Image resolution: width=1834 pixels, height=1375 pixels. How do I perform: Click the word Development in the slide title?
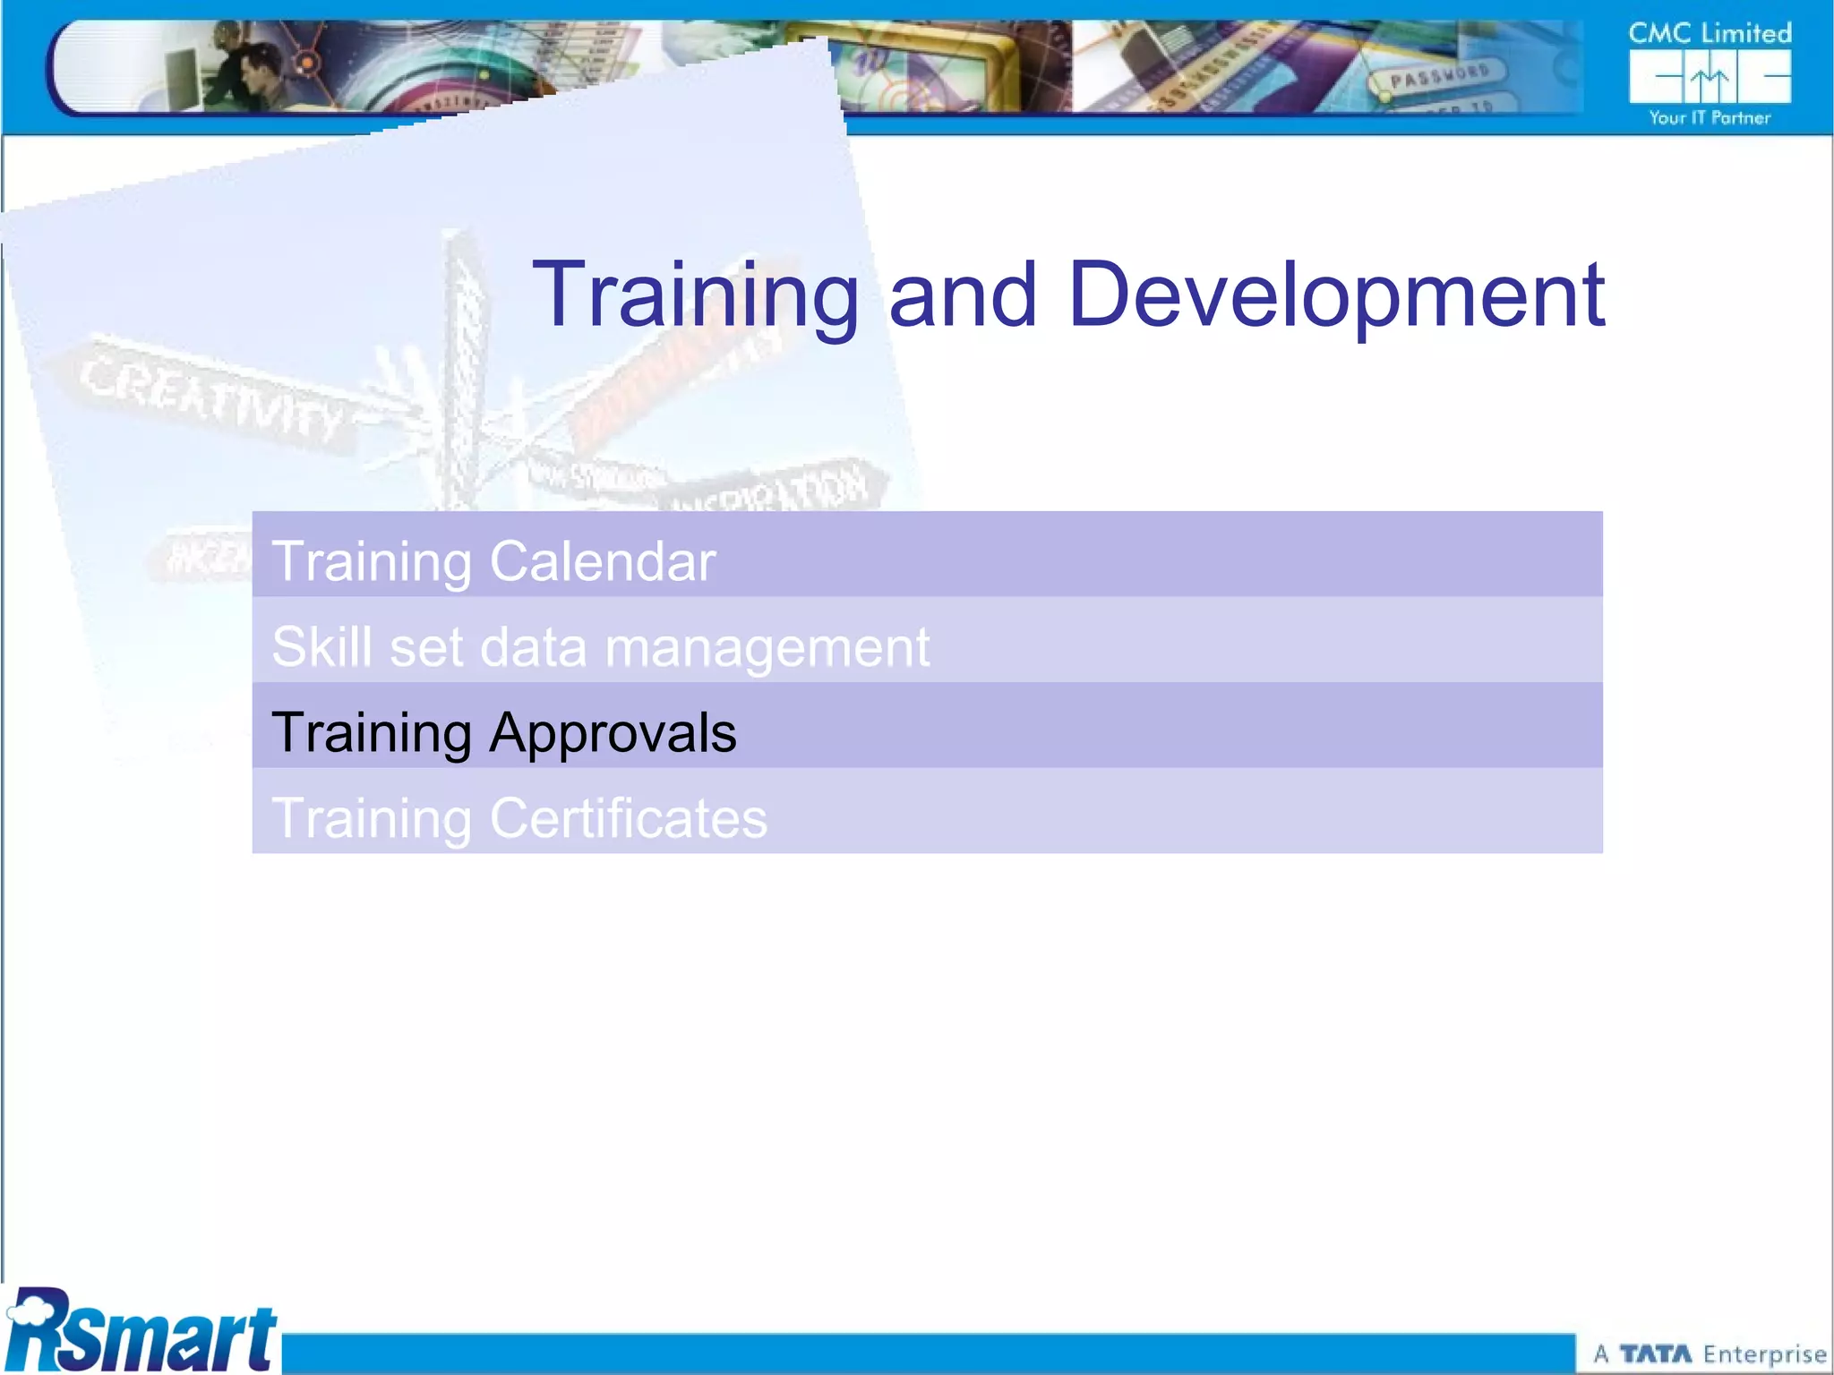click(1336, 295)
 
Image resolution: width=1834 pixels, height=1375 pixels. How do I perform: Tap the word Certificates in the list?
click(629, 818)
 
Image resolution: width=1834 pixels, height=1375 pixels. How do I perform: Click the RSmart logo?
click(141, 1332)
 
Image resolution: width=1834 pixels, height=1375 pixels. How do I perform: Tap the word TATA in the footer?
click(1655, 1354)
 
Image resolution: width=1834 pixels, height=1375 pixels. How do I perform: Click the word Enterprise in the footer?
click(1764, 1354)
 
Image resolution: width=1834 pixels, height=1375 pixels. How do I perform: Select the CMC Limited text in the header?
click(1710, 34)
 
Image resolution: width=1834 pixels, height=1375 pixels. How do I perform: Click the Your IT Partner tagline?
click(1710, 118)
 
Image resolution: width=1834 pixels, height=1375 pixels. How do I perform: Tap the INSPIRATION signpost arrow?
click(779, 491)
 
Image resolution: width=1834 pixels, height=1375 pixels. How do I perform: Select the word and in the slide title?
click(963, 295)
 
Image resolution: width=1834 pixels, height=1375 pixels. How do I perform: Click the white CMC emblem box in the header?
click(1710, 77)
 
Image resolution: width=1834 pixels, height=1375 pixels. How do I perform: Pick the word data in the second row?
click(533, 646)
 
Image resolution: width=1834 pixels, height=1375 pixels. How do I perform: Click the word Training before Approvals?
click(371, 733)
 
